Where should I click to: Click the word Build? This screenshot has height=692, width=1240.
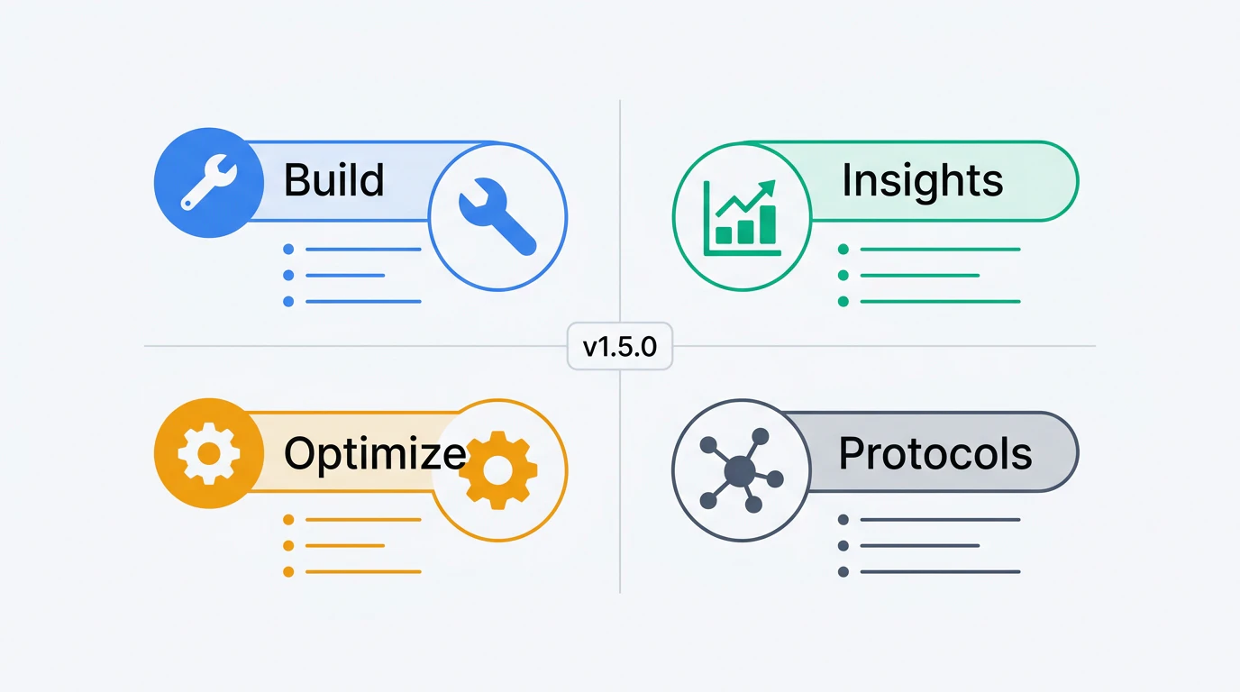[x=333, y=180]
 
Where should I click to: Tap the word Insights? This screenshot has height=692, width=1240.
[x=922, y=180]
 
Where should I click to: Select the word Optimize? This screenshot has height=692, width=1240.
[x=375, y=453]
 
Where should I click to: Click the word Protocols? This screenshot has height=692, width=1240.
[x=935, y=453]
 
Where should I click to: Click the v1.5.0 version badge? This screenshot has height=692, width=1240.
[x=620, y=346]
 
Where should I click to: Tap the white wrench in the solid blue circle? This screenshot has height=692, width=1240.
[x=209, y=182]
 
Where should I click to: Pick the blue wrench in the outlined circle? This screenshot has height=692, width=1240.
[x=497, y=216]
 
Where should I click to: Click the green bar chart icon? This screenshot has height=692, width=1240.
[x=742, y=217]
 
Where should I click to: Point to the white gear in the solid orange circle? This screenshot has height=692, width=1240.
[x=209, y=453]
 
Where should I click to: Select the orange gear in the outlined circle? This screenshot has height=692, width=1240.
[x=498, y=470]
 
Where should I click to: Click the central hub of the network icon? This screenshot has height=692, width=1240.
[x=740, y=471]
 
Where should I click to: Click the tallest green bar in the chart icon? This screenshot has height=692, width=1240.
[x=767, y=224]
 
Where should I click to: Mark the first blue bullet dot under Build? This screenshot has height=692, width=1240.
[x=288, y=249]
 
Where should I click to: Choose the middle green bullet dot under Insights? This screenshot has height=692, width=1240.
[x=843, y=275]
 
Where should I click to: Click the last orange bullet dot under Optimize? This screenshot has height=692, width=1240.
[x=288, y=572]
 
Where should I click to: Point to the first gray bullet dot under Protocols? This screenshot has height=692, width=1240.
[x=843, y=520]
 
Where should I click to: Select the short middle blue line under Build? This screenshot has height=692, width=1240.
[x=345, y=275]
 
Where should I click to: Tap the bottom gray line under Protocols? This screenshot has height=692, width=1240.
[x=940, y=572]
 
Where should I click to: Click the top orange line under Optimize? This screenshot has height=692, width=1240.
[x=363, y=520]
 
